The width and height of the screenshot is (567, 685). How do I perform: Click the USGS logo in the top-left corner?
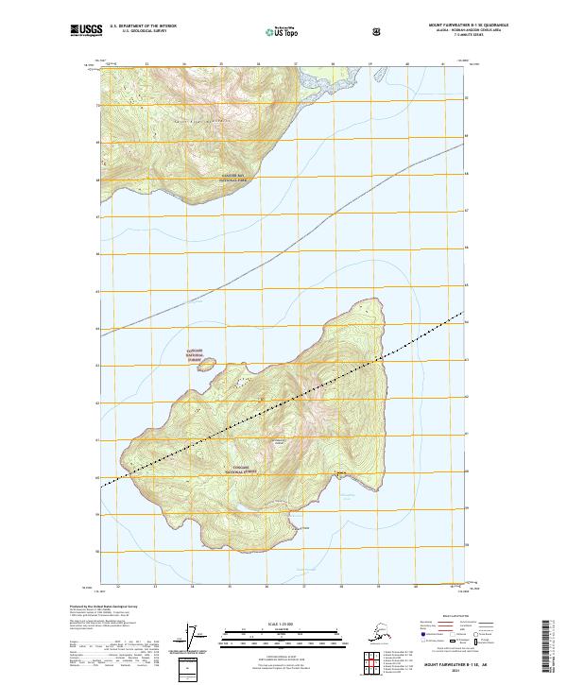pos(87,31)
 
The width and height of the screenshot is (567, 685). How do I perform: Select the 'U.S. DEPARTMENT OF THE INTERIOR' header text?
pos(143,26)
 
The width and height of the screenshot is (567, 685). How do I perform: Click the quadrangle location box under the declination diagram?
pos(190,669)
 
